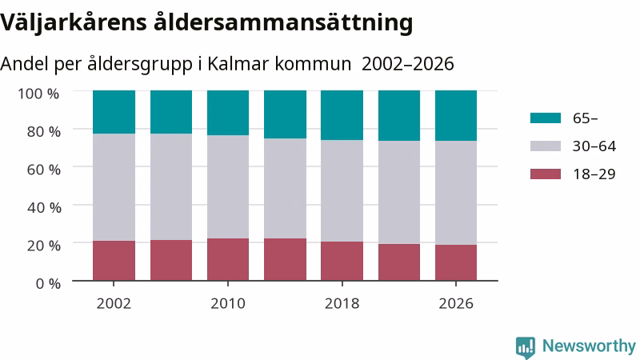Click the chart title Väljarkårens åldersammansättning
point(206,23)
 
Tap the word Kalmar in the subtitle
point(238,64)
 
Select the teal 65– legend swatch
point(546,118)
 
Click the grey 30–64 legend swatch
point(546,146)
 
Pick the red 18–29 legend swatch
point(546,174)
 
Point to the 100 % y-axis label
point(38,94)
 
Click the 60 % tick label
point(44,170)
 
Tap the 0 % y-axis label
point(48,283)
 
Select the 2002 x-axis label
point(114,304)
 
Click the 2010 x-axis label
point(228,304)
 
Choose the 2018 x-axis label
point(342,304)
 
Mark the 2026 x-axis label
point(456,304)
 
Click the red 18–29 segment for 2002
point(114,261)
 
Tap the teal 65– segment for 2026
point(456,116)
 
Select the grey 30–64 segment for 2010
point(228,187)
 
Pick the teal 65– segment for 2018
point(342,115)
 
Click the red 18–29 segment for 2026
point(456,263)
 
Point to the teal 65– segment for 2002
point(114,112)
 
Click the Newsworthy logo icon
point(526,347)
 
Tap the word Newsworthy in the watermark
point(589,346)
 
